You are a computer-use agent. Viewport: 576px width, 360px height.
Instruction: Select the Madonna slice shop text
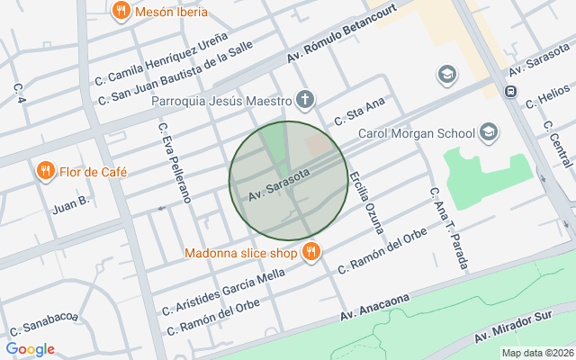pyautogui.click(x=240, y=253)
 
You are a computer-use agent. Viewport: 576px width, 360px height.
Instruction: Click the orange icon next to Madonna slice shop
pyautogui.click(x=310, y=252)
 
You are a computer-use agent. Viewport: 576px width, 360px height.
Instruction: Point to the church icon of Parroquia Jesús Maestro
pyautogui.click(x=306, y=100)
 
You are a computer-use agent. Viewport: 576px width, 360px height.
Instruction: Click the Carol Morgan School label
pyautogui.click(x=417, y=134)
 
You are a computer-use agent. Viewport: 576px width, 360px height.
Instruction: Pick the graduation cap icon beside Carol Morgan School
pyautogui.click(x=488, y=134)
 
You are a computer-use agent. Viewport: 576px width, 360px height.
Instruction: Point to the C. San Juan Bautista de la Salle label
pyautogui.click(x=175, y=71)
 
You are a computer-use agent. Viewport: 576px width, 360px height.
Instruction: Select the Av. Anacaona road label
pyautogui.click(x=374, y=308)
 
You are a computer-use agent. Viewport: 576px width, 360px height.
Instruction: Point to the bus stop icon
pyautogui.click(x=510, y=91)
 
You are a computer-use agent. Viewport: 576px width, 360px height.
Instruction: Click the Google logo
pyautogui.click(x=30, y=349)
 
